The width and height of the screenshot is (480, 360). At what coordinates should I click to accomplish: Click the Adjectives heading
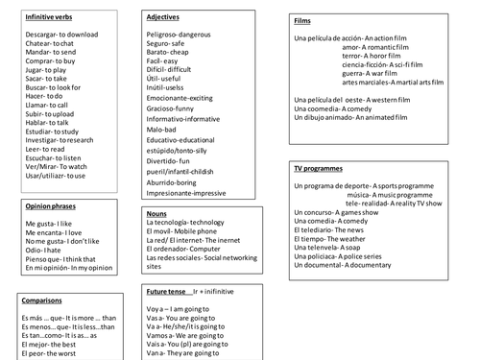pos(166,17)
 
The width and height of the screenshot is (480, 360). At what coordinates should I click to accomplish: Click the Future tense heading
pos(168,289)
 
